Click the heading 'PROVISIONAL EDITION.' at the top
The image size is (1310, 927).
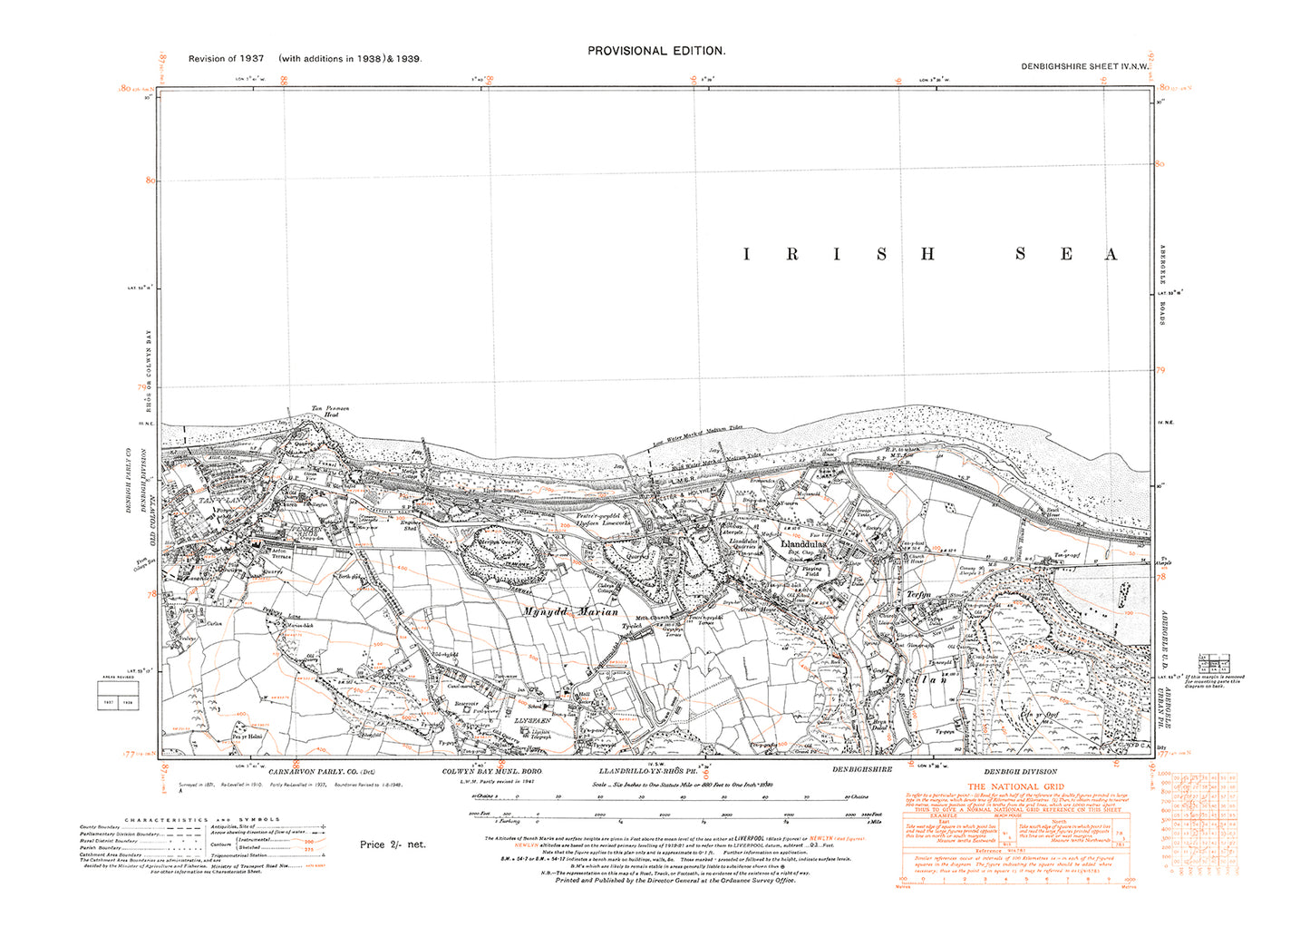click(x=656, y=52)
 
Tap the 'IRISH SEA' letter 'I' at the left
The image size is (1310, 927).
click(x=747, y=255)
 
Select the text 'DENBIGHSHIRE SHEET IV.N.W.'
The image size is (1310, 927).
click(x=1084, y=66)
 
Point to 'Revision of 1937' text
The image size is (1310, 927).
click(x=227, y=59)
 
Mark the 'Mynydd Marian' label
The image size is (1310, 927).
click(x=570, y=612)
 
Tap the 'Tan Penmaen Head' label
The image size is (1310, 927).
click(x=331, y=412)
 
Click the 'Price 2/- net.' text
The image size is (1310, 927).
click(x=393, y=844)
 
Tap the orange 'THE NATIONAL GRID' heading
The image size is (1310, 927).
click(x=1015, y=786)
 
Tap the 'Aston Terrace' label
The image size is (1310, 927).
click(x=275, y=552)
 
